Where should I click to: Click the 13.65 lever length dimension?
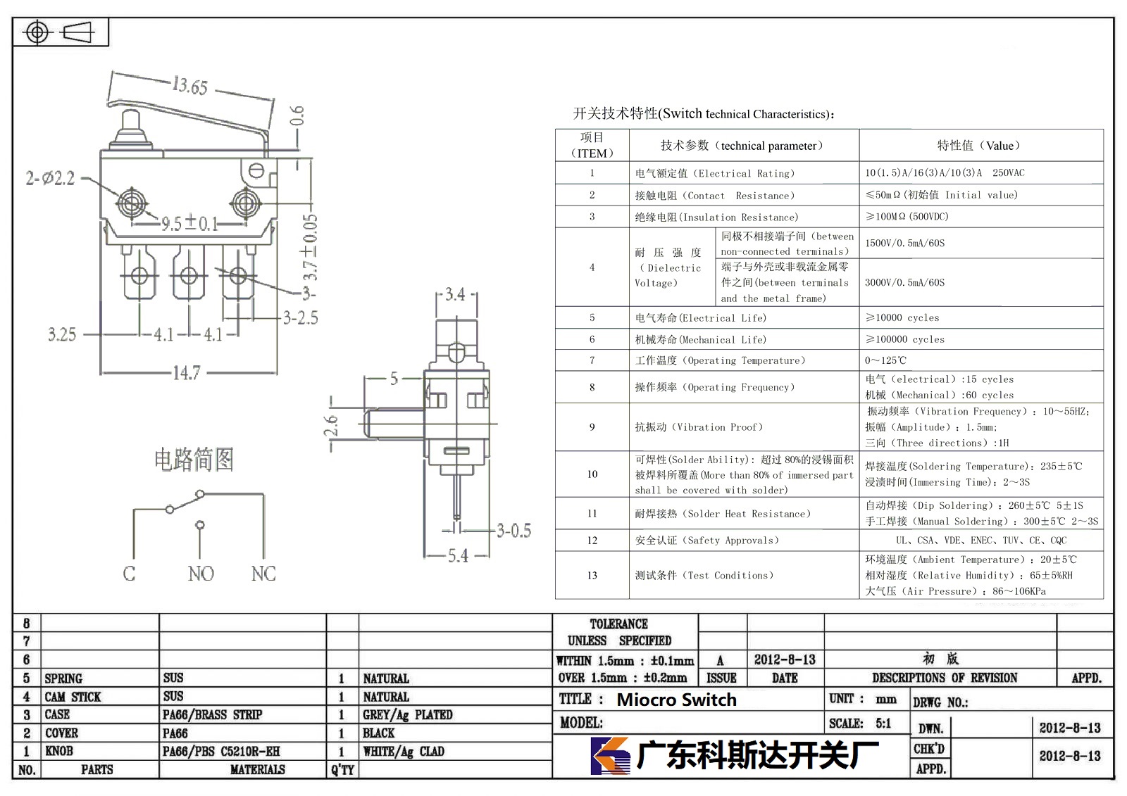189,85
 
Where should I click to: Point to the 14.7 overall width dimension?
187,373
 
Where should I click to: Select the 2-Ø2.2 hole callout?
50,178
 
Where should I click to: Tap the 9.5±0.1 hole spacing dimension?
189,222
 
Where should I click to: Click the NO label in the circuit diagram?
201,573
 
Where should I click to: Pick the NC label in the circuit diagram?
263,573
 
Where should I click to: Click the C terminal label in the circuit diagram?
130,573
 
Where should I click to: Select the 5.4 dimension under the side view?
458,555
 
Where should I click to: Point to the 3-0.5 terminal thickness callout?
513,530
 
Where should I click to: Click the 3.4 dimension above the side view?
455,293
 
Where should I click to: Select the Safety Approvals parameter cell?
707,541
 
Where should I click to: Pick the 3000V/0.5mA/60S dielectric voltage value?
904,283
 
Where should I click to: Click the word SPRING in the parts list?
63,678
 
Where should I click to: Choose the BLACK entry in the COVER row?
379,733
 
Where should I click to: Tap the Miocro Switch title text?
677,700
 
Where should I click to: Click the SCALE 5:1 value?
883,724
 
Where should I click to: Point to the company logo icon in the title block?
610,755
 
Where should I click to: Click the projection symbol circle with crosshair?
37,32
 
